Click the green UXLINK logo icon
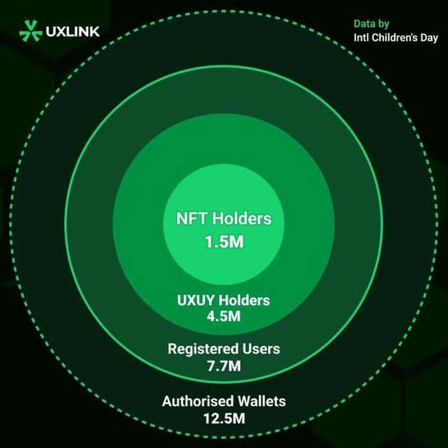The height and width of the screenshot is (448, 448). [x=30, y=31]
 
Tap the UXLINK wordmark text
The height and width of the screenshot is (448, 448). [x=72, y=32]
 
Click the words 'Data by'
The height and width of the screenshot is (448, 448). [x=371, y=24]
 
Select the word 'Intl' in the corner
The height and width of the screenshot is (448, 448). [x=361, y=37]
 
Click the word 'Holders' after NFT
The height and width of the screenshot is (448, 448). [x=241, y=218]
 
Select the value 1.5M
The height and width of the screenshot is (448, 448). [x=224, y=242]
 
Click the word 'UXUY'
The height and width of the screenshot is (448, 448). [x=196, y=301]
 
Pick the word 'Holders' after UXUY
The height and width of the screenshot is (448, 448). [x=244, y=301]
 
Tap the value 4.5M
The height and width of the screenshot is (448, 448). [x=224, y=316]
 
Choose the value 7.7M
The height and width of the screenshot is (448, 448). [x=224, y=366]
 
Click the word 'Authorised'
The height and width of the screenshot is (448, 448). [x=198, y=401]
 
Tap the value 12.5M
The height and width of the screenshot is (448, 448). [x=224, y=418]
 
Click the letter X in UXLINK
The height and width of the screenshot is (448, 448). [x=62, y=32]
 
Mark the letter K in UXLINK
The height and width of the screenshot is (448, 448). [x=94, y=32]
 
